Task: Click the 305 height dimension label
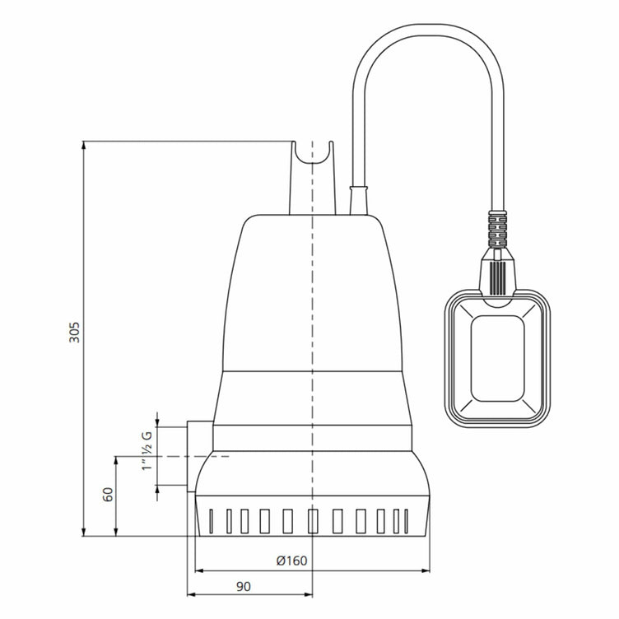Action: click(x=73, y=331)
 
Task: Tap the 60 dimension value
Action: click(x=108, y=495)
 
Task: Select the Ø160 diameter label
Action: click(x=291, y=561)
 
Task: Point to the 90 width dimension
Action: click(x=244, y=586)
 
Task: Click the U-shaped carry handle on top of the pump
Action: click(x=314, y=165)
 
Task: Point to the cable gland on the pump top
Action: click(x=359, y=200)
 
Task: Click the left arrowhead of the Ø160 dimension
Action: click(x=198, y=570)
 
